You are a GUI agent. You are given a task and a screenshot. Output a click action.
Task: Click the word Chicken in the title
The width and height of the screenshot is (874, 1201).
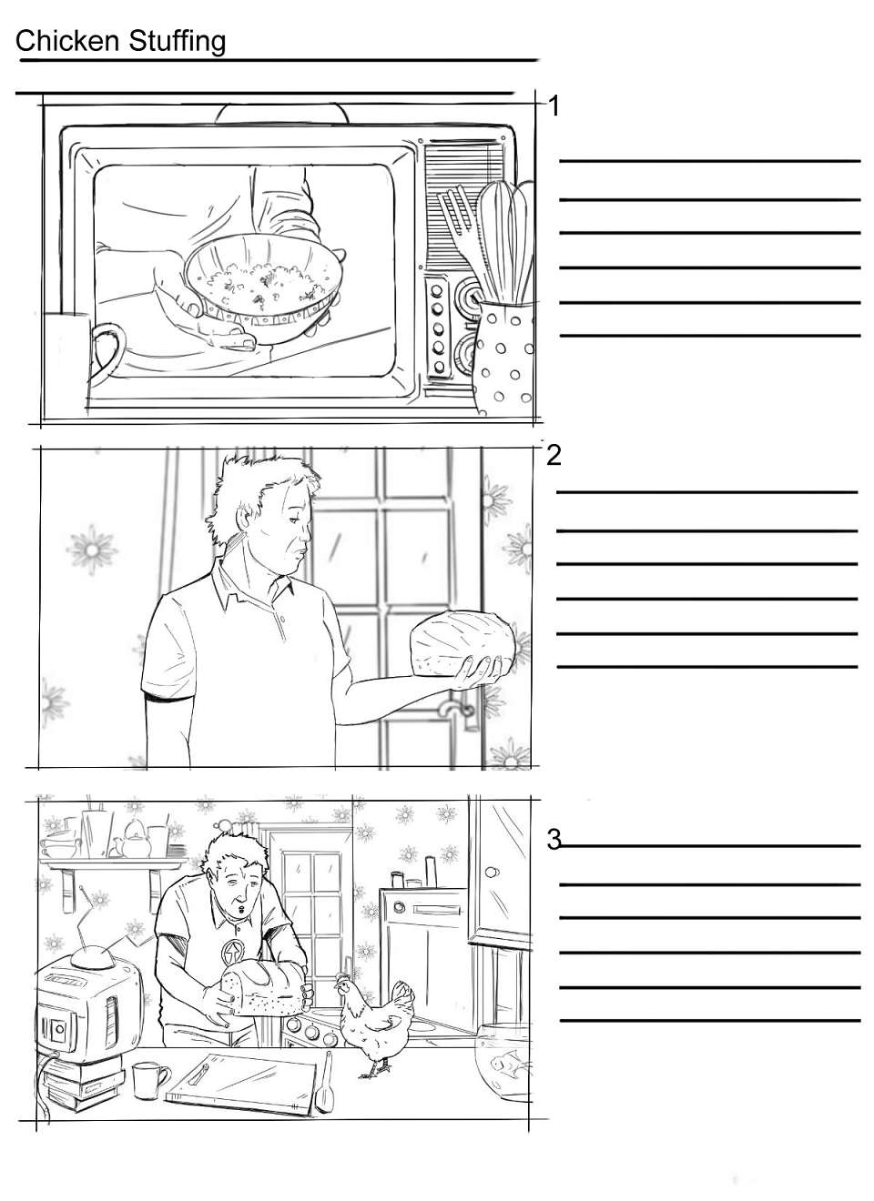67,41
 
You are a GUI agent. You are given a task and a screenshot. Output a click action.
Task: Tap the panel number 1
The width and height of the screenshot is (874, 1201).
554,106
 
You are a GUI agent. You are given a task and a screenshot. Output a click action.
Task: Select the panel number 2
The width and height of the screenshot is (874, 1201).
554,455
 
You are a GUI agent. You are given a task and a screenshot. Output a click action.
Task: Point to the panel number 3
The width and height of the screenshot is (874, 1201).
554,840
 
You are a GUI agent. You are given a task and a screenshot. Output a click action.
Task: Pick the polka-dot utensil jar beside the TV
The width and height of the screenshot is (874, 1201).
503,357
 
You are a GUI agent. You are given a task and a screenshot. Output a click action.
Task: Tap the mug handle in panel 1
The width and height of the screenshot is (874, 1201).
107,351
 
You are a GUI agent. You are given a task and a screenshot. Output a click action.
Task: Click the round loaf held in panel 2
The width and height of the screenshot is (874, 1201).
462,643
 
